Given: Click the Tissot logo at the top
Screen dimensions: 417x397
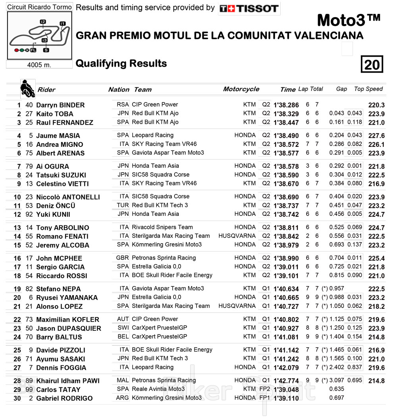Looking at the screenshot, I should [249, 8].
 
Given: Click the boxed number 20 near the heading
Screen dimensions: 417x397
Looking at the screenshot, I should [372, 64].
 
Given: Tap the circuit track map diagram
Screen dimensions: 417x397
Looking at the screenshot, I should [39, 35].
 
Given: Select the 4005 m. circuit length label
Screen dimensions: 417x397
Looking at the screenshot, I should [39, 65].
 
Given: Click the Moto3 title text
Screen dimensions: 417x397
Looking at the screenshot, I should [349, 20].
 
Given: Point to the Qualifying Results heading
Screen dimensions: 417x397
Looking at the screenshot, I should [121, 63].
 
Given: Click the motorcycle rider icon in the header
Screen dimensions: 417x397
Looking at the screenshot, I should [27, 89].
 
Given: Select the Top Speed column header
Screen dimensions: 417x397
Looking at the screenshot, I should [368, 89].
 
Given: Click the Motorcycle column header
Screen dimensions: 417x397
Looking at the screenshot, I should [241, 89].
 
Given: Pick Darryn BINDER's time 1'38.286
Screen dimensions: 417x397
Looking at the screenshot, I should [286, 105].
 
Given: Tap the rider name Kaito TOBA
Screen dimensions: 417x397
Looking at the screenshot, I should [55, 114].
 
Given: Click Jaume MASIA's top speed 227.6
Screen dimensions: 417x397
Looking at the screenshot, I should [376, 136].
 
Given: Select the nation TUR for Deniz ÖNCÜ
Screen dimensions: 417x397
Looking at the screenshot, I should [123, 205].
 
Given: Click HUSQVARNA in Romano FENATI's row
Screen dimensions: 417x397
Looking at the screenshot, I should [237, 236].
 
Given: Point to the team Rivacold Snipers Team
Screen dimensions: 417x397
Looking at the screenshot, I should [162, 227].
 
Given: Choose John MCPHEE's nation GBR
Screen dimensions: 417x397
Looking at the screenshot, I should [122, 258].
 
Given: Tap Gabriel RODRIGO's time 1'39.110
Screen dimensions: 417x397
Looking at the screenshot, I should [286, 398].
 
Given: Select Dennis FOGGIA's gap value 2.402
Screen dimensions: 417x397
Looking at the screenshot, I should [337, 367].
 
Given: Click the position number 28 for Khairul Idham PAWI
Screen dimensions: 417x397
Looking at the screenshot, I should [17, 381].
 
